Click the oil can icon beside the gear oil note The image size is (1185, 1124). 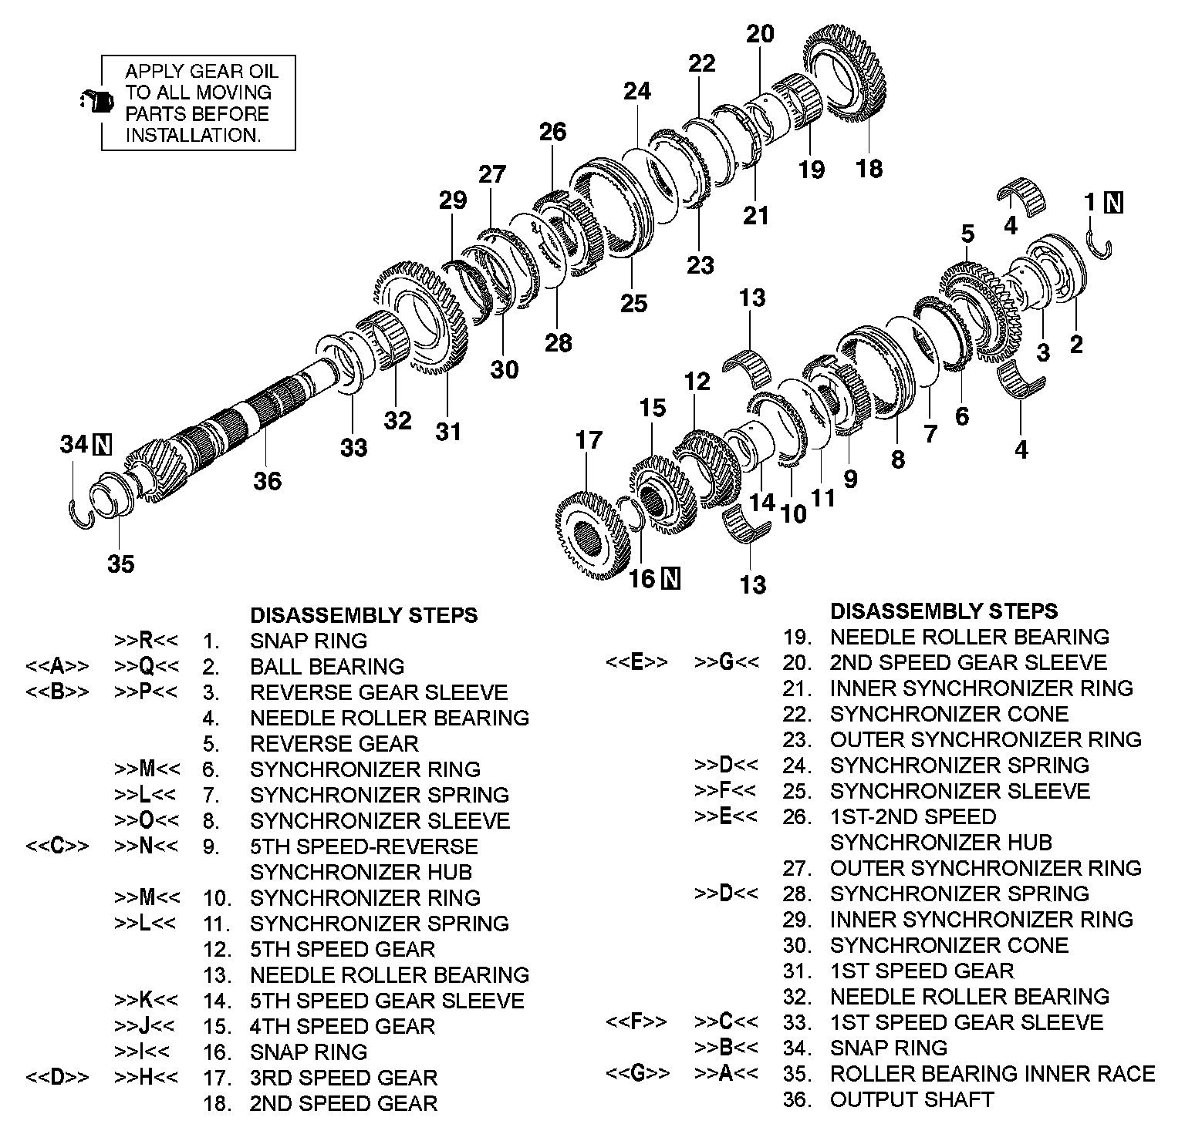pos(93,101)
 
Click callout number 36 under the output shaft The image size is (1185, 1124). pos(268,481)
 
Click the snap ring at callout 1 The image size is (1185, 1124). pos(1101,244)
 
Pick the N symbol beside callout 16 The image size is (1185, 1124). pos(671,577)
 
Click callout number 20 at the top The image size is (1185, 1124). pos(760,34)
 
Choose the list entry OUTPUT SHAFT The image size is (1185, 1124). pos(911,1099)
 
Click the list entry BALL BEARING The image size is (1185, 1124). pos(327,666)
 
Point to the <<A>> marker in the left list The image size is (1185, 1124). pos(58,666)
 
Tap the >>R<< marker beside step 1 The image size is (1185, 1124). pos(147,641)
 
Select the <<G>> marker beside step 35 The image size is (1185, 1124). pos(637,1073)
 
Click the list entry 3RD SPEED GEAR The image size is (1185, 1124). pos(343,1077)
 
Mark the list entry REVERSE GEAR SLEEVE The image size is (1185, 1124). pos(379,692)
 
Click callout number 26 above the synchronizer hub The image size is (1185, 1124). pos(552,132)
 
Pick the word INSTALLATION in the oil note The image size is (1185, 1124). pos(193,135)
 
